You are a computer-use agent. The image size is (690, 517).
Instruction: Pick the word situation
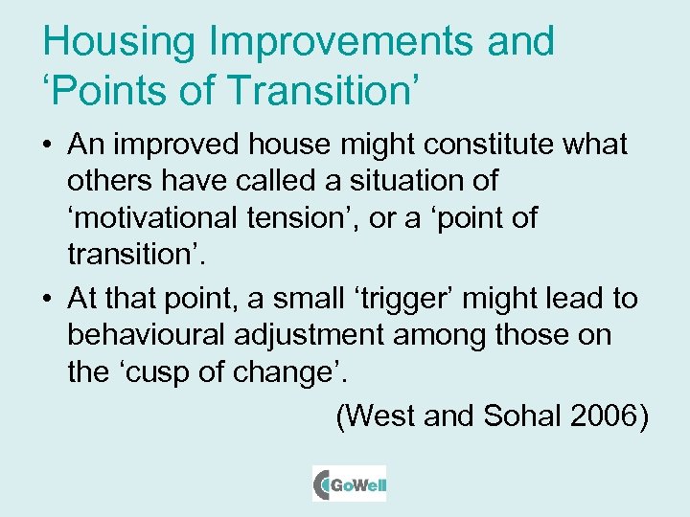pos(390,181)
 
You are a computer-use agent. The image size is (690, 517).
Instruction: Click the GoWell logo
pos(350,483)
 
